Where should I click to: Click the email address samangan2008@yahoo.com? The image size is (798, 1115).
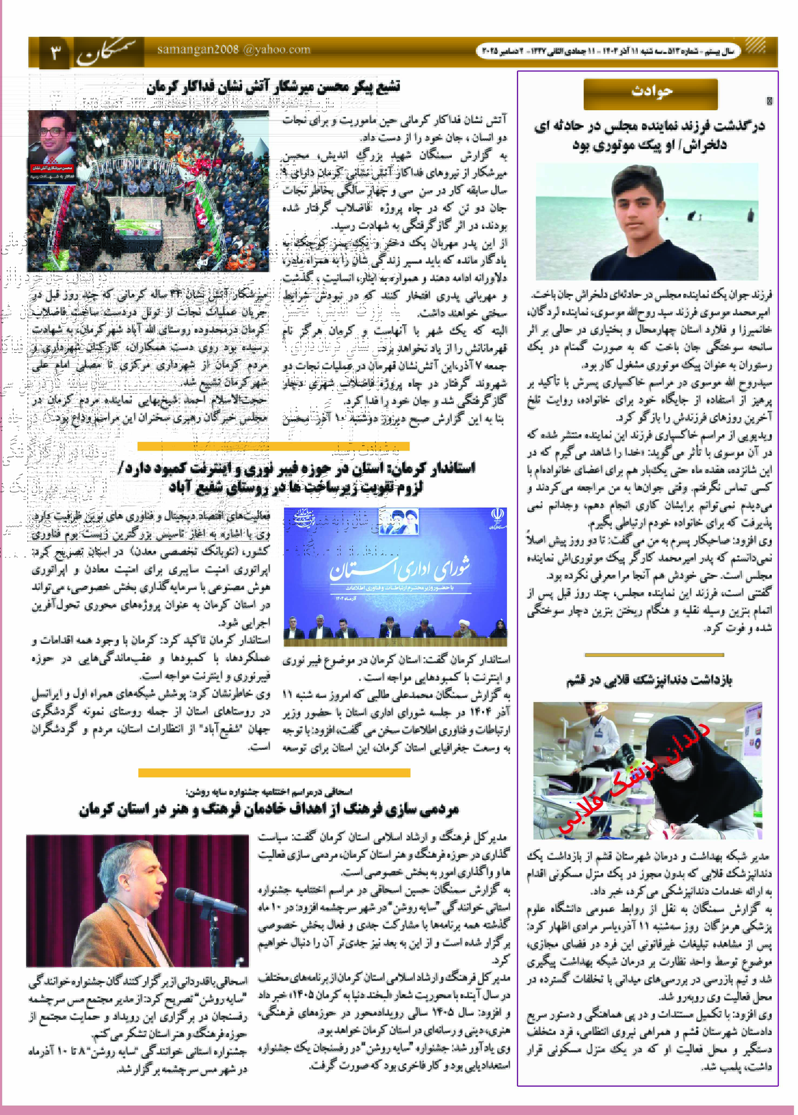[x=234, y=50]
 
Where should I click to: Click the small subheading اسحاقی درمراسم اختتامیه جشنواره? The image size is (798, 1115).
[x=269, y=791]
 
